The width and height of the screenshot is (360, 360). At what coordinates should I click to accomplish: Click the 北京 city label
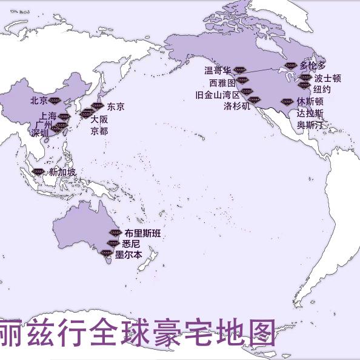pyautogui.click(x=38, y=101)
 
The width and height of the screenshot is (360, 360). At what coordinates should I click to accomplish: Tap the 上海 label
pyautogui.click(x=47, y=115)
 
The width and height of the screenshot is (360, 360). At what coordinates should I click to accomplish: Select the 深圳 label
pyautogui.click(x=40, y=133)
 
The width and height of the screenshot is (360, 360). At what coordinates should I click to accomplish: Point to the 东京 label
pyautogui.click(x=116, y=107)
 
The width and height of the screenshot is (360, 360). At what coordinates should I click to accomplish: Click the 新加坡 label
pyautogui.click(x=62, y=173)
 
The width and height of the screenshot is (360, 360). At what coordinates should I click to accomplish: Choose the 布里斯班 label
pyautogui.click(x=142, y=233)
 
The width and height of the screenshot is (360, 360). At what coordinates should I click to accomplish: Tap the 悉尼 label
pyautogui.click(x=131, y=244)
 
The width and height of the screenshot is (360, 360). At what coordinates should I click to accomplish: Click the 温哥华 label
pyautogui.click(x=218, y=71)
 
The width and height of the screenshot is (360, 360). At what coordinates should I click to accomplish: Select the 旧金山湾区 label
pyautogui.click(x=217, y=95)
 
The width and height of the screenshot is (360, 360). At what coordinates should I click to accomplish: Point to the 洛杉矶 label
pyautogui.click(x=236, y=106)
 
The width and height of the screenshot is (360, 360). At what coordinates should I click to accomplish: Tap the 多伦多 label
pyautogui.click(x=313, y=65)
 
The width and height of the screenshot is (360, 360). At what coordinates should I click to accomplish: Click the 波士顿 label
pyautogui.click(x=327, y=78)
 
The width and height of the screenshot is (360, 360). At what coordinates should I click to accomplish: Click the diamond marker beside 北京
pyautogui.click(x=55, y=99)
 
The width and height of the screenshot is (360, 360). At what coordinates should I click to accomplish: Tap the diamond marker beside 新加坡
pyautogui.click(x=38, y=172)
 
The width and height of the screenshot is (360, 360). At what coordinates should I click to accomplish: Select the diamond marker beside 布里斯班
pyautogui.click(x=115, y=233)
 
